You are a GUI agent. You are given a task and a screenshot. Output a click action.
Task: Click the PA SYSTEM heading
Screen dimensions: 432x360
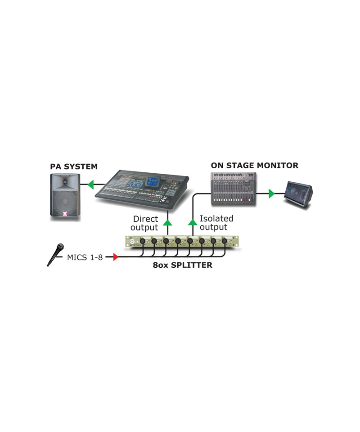pos(73,166)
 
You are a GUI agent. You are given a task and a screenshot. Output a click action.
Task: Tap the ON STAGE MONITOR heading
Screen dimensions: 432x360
pos(254,165)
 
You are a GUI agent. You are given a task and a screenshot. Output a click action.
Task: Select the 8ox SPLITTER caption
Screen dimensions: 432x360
pos(183,265)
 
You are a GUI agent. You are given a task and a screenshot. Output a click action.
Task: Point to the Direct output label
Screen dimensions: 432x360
pos(144,223)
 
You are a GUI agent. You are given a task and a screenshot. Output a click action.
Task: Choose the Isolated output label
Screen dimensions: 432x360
pos(216,223)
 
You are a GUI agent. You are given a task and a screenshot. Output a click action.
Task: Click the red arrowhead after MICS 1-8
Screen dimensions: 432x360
pos(115,257)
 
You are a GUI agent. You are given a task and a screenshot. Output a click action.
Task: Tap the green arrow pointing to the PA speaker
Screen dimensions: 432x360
pos(90,184)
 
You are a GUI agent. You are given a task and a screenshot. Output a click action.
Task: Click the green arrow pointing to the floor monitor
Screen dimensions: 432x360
pos(271,194)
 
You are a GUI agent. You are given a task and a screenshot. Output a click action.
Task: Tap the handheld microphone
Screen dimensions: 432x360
pos(55,254)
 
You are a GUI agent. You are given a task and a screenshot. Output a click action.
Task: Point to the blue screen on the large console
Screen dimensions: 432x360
pos(152,182)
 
